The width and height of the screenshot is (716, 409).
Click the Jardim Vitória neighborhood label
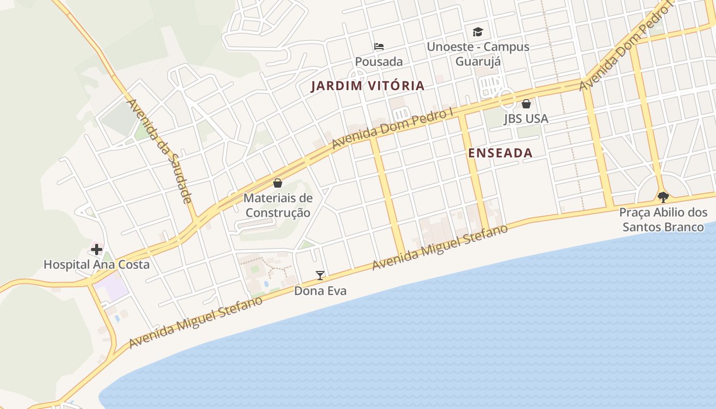[368, 86]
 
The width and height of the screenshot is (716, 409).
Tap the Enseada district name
[500, 153]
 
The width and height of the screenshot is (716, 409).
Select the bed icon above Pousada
[378, 47]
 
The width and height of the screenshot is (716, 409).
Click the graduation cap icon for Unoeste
[478, 32]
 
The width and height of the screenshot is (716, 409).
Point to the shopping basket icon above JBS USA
[526, 104]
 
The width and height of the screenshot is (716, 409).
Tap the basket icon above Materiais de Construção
[278, 183]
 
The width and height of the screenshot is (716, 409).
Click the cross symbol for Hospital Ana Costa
[97, 249]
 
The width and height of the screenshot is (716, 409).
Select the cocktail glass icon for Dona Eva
[320, 276]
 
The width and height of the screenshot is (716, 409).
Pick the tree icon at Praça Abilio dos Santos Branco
[663, 197]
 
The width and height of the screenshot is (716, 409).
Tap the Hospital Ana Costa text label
[97, 264]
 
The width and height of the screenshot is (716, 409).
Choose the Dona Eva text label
[320, 291]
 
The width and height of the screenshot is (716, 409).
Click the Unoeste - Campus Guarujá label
[478, 54]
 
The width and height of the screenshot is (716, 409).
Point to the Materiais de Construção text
[278, 205]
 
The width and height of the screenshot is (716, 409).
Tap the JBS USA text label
[526, 119]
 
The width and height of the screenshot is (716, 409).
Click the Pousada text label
[378, 62]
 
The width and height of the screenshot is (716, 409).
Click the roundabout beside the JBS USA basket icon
[507, 98]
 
